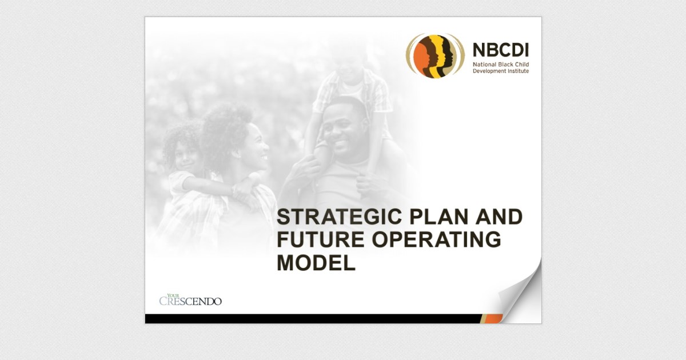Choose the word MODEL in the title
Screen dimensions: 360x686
coord(316,263)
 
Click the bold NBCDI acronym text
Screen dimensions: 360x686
coord(500,50)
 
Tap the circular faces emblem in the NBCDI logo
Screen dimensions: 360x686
coord(434,55)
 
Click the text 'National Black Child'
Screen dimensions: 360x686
coord(500,65)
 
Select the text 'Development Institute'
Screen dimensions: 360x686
coord(500,71)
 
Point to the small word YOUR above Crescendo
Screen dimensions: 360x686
coord(166,295)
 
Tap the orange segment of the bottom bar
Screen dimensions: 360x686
coord(491,318)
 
